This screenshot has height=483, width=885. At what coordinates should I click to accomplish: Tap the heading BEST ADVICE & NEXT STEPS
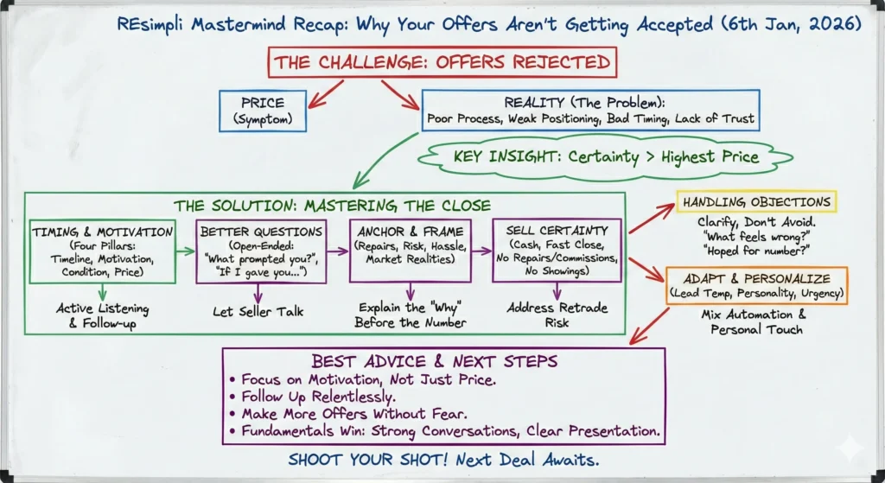pos(435,361)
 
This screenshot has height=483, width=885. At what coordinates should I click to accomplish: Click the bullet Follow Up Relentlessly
pos(313,397)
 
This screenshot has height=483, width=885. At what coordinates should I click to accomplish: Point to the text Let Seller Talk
pos(258,311)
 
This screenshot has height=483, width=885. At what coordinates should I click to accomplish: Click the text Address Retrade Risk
pos(557,315)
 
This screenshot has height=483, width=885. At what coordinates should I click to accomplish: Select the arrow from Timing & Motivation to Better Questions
pos(186,251)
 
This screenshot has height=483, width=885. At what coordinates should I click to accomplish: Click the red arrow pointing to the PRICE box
pos(326,93)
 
